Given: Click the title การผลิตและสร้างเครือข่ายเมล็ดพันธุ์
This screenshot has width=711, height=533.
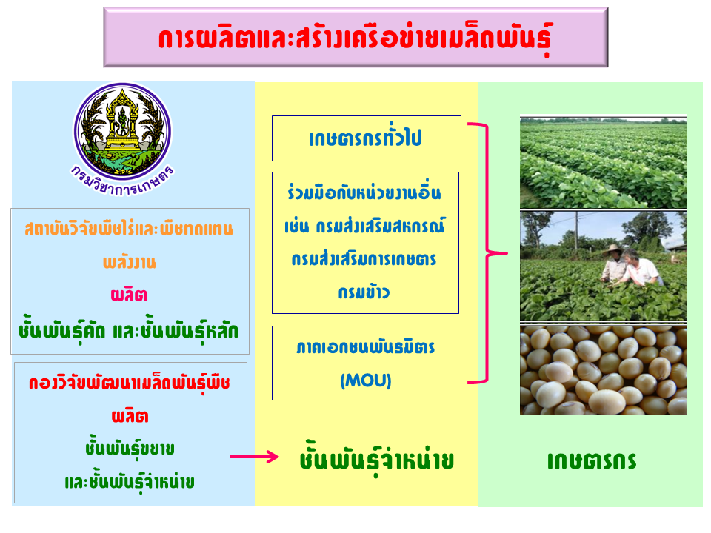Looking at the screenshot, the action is click(x=355, y=38).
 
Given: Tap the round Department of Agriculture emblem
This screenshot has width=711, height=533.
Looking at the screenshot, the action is click(x=122, y=131).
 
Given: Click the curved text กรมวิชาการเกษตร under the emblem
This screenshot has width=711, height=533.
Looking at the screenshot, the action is click(x=122, y=182).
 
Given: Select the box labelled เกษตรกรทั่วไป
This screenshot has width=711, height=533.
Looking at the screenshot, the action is click(x=367, y=138).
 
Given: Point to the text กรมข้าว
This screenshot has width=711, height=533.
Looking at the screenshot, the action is click(x=364, y=292).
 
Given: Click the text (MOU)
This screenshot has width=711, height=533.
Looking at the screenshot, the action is click(x=366, y=381).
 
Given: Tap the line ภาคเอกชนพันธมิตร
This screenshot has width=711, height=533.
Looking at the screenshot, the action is click(x=365, y=348).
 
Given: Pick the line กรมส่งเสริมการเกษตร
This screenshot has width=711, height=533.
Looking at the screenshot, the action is click(x=364, y=259).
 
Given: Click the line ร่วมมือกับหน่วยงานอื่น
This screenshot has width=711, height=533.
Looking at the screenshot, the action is click(x=364, y=192).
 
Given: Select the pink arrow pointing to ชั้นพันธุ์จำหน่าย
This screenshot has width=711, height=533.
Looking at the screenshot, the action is click(x=254, y=457).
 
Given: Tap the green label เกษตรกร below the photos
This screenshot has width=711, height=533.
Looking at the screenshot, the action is click(x=592, y=461).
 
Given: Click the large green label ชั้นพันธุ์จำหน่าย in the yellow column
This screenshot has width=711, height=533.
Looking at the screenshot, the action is click(x=377, y=459).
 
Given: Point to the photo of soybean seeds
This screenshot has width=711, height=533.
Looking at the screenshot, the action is click(x=604, y=370).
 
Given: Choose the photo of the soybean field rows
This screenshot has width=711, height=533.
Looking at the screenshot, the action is click(x=604, y=162).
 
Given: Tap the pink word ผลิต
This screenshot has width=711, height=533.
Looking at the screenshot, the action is click(x=129, y=295).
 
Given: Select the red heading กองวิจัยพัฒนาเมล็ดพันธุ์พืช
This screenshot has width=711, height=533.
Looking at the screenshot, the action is click(x=130, y=383).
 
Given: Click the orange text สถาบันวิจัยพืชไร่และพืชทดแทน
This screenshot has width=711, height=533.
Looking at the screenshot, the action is click(x=129, y=229).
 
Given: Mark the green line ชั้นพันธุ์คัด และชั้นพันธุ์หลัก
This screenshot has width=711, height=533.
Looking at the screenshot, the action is click(x=128, y=331).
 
